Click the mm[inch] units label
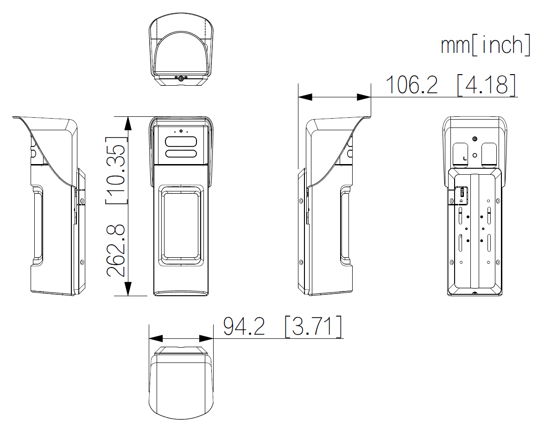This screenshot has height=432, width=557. tap(485, 45)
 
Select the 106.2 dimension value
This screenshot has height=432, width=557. tap(411, 84)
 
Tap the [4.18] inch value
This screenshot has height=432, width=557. tap(486, 84)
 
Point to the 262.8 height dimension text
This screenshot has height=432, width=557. tap(116, 250)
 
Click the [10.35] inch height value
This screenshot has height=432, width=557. tap(116, 171)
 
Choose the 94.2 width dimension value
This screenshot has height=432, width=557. tap(244, 326)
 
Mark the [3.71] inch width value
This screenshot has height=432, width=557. tap(313, 326)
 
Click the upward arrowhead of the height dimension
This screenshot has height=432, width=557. tap(128, 123)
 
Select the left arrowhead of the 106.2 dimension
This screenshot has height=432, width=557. tap(305, 97)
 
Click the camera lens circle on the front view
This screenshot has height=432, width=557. tap(181, 132)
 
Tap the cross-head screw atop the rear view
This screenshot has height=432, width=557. tap(474, 139)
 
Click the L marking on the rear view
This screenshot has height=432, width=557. tap(465, 159)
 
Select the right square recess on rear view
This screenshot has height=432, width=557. tap(489, 154)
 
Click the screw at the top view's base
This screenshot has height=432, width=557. tap(181, 78)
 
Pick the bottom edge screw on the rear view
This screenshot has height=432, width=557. tap(474, 293)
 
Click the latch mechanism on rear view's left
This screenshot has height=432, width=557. tap(462, 195)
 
